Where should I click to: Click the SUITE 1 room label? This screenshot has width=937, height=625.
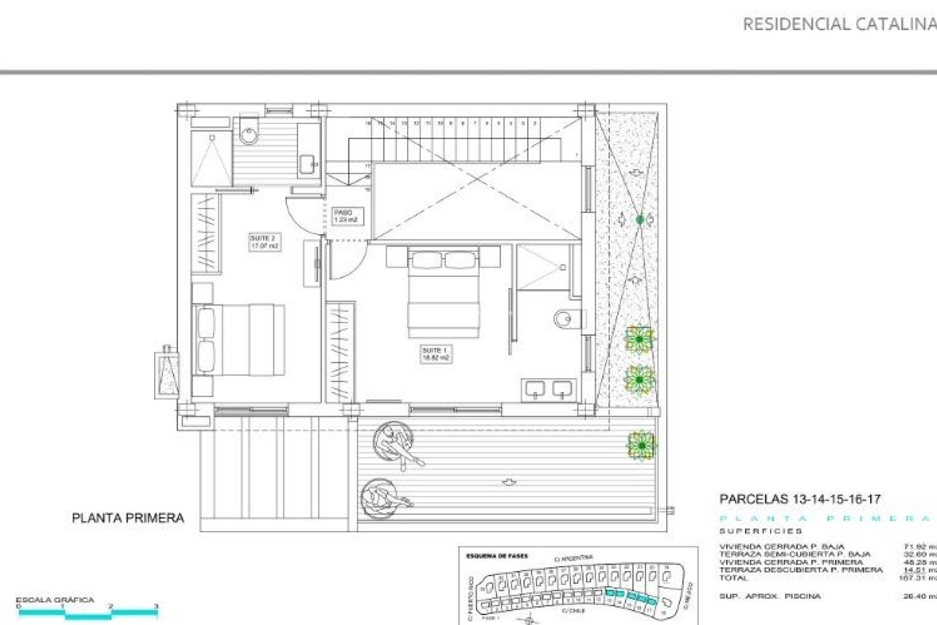point(436,354)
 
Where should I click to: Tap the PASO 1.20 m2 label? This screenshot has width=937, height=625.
point(346,216)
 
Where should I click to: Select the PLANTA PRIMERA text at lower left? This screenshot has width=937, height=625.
point(128,518)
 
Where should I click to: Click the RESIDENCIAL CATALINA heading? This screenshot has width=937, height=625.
point(838,24)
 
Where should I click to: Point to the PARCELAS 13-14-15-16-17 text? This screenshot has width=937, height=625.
point(799,499)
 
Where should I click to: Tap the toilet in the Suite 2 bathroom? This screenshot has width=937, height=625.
point(249,130)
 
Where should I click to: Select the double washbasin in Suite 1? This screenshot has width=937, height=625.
point(549,389)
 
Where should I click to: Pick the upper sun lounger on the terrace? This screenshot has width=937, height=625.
point(396,444)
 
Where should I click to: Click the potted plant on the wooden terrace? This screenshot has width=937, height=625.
point(641,446)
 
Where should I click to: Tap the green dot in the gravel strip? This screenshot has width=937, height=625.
point(640,220)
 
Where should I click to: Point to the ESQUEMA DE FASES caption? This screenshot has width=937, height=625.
point(496,556)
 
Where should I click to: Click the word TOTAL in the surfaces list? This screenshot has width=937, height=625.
point(733,578)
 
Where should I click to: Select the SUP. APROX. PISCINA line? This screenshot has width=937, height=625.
point(770,596)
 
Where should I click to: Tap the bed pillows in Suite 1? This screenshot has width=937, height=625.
point(443,260)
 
